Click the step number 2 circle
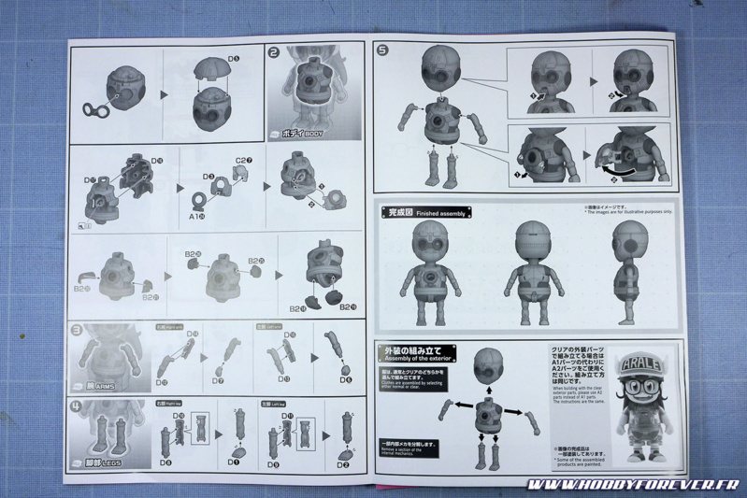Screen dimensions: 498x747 point(275,53)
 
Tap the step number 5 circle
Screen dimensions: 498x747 point(381,51)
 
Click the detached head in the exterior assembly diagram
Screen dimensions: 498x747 point(488,366)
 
